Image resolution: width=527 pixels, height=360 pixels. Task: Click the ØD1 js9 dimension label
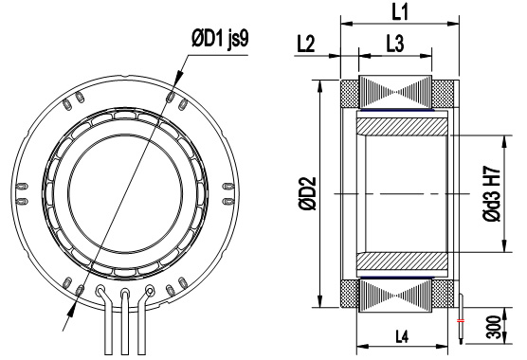click(x=220, y=39)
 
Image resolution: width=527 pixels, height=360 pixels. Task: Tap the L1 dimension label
click(x=400, y=11)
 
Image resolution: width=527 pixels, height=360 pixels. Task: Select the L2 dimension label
click(x=306, y=44)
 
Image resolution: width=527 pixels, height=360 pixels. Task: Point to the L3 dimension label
click(x=395, y=44)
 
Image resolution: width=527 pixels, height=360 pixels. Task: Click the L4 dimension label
click(x=402, y=336)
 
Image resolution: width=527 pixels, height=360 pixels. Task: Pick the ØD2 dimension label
click(x=308, y=194)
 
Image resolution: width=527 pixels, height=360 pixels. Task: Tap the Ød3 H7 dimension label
click(x=492, y=193)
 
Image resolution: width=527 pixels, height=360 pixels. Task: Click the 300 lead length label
click(x=494, y=327)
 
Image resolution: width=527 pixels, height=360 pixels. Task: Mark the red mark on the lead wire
click(x=461, y=321)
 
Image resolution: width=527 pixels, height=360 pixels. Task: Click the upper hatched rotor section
click(x=402, y=127)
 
